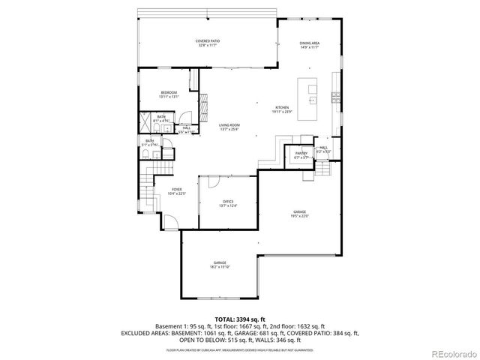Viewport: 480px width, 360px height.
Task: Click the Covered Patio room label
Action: point(208,40)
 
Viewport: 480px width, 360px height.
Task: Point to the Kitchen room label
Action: point(282,108)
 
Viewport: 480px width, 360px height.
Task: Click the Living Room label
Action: point(229,124)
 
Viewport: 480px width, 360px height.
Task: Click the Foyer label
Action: point(177,190)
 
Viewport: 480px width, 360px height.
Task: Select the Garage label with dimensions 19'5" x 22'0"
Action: point(300,213)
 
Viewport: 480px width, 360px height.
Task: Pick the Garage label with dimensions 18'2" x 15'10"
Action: point(219,262)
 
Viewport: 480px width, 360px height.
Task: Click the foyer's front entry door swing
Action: point(171,220)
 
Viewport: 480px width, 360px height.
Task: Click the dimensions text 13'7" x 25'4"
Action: point(229,129)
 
